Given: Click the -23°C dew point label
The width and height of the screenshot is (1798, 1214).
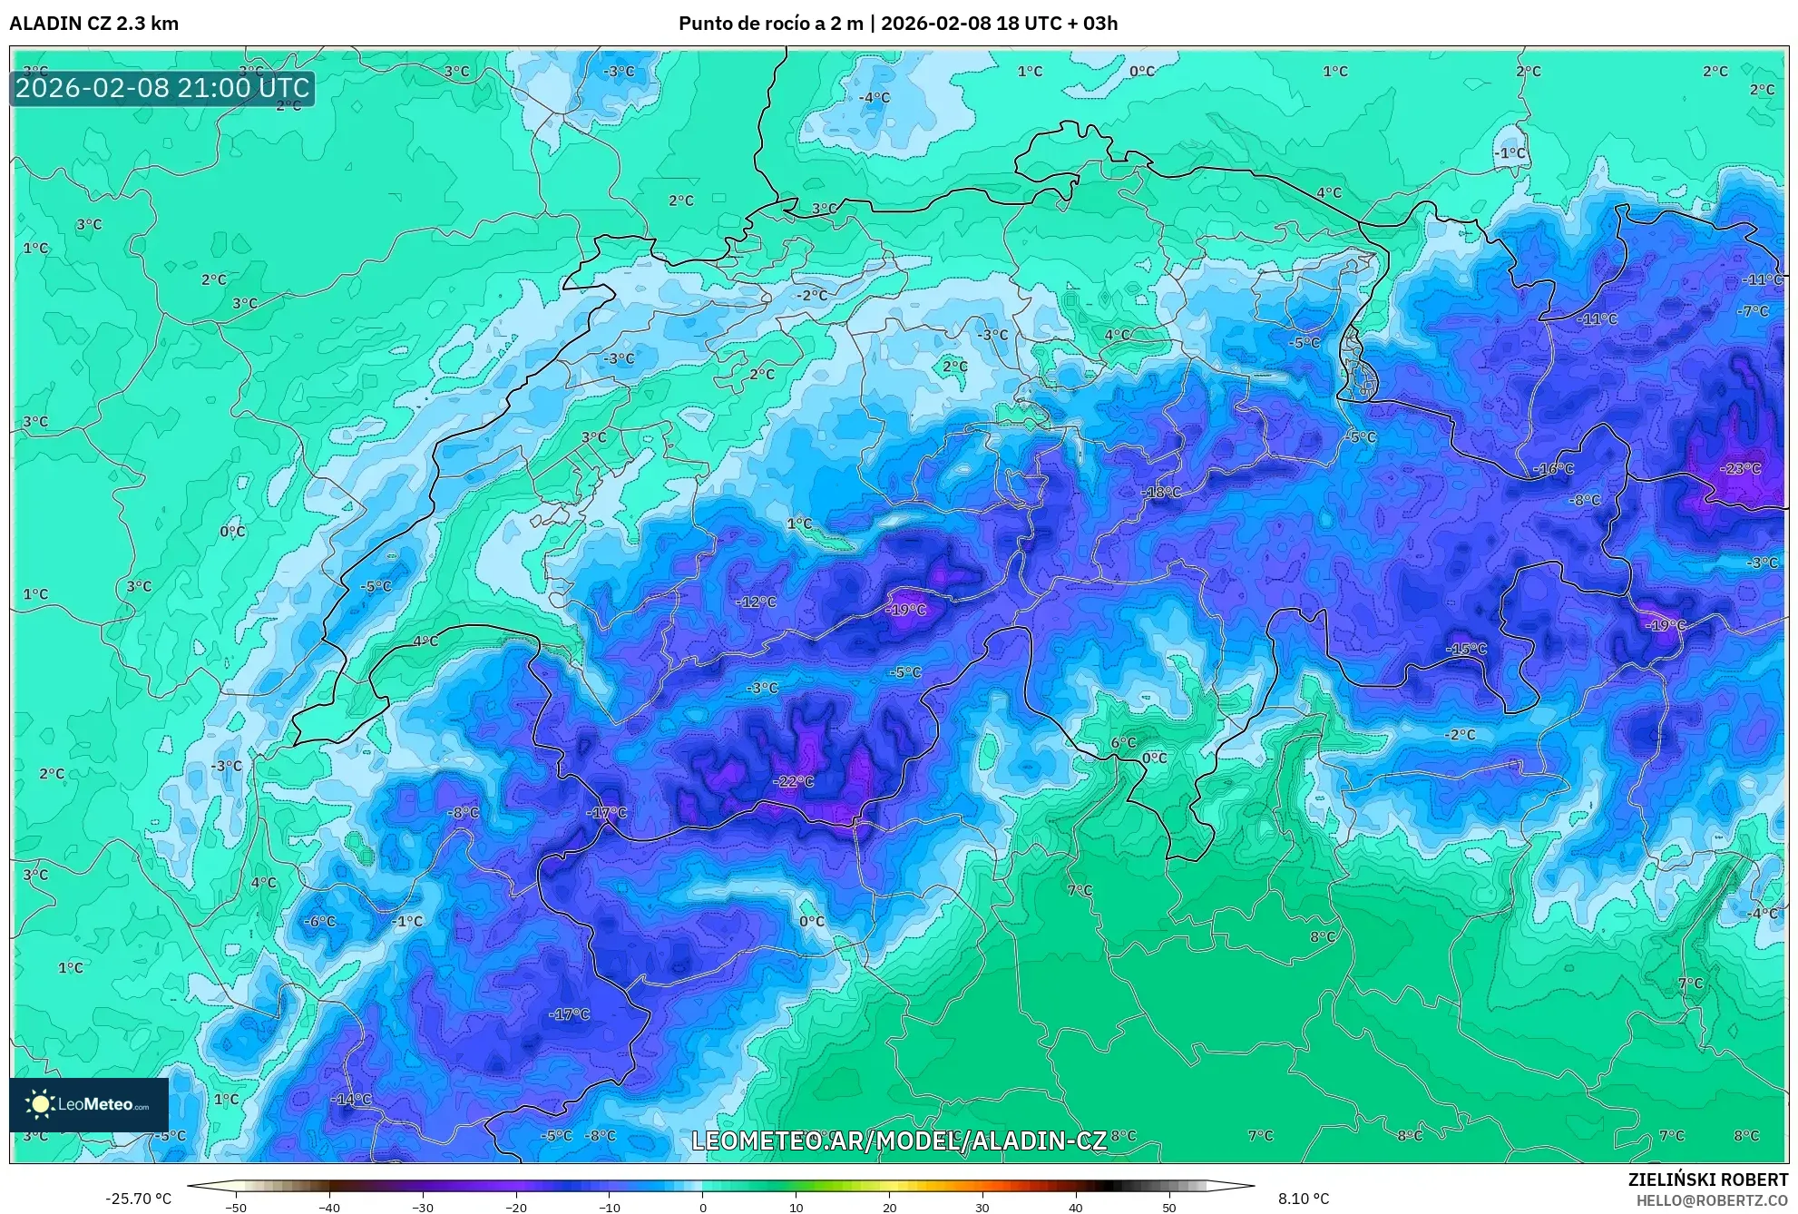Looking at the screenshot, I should click(x=1740, y=469).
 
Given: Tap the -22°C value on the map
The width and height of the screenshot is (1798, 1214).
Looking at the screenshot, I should click(x=793, y=782).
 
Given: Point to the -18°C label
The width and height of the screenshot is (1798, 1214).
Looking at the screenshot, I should click(x=1161, y=493).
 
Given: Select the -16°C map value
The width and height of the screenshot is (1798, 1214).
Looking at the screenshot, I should click(x=1553, y=469).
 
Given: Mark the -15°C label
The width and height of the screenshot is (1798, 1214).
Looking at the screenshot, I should click(x=1466, y=649).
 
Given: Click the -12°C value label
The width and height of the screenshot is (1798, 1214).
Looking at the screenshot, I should click(x=756, y=602).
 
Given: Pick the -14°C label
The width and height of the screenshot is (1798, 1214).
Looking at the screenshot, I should click(x=351, y=1099).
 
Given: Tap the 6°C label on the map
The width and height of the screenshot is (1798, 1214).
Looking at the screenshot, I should click(x=1123, y=742).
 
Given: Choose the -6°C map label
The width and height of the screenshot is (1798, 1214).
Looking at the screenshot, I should click(x=319, y=921).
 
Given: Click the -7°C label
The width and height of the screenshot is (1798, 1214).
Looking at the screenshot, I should click(x=1753, y=311).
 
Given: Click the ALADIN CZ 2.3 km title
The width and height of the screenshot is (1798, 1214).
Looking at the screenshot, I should click(x=94, y=24).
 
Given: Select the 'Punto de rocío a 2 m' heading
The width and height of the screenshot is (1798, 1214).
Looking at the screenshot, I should click(x=770, y=24).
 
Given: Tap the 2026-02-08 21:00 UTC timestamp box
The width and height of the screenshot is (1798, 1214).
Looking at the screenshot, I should click(x=162, y=88).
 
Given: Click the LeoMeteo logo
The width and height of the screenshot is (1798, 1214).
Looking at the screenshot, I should click(x=89, y=1104).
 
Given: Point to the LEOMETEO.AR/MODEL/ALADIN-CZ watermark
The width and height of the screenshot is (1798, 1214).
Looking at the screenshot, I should click(x=898, y=1141).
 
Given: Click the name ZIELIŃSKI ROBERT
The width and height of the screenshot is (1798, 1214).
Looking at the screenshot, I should click(x=1707, y=1180).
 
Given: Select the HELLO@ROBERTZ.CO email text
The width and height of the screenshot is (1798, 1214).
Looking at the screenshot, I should click(x=1712, y=1200).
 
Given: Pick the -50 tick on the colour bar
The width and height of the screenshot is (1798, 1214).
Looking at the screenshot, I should click(x=236, y=1208).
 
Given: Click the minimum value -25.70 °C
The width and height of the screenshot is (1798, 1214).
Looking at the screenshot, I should click(x=138, y=1199).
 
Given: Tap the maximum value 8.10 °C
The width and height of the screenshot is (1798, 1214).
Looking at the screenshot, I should click(x=1304, y=1199).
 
